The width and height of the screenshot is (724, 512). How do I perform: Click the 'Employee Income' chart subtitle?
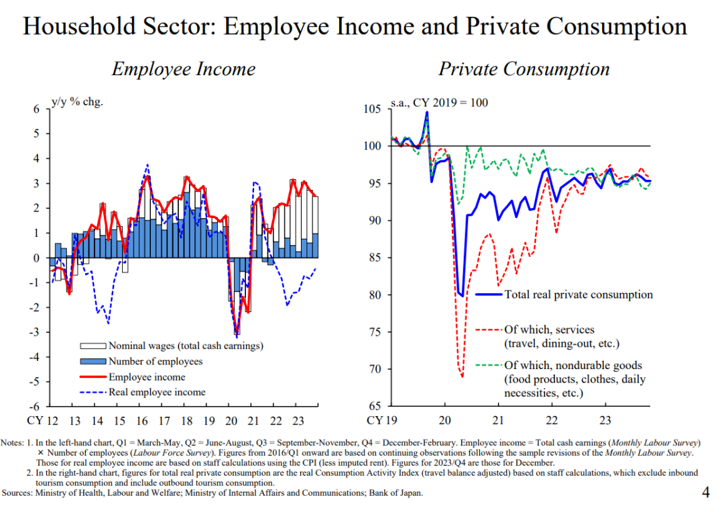[x=183, y=69]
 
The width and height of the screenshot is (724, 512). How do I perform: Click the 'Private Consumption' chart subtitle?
[x=524, y=69]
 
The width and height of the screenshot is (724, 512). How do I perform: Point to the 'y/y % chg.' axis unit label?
[x=77, y=103]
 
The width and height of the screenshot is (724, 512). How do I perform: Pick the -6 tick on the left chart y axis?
[x=34, y=406]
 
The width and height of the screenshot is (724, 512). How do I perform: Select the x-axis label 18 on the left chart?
[x=187, y=421]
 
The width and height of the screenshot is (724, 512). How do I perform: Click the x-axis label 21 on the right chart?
[x=498, y=421]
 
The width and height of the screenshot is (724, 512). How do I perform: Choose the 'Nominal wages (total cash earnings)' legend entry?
[x=186, y=346]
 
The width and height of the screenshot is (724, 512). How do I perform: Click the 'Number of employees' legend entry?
[x=156, y=362]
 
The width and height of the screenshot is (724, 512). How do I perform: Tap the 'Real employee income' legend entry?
[x=157, y=392]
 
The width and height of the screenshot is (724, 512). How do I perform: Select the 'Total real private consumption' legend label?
[x=578, y=294]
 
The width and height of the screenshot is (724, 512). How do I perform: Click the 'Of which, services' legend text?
[x=549, y=329]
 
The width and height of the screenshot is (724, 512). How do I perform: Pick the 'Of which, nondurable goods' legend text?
[x=572, y=366]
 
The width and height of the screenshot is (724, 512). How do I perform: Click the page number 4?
[x=705, y=493]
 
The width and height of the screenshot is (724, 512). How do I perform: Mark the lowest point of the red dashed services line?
[x=463, y=377]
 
